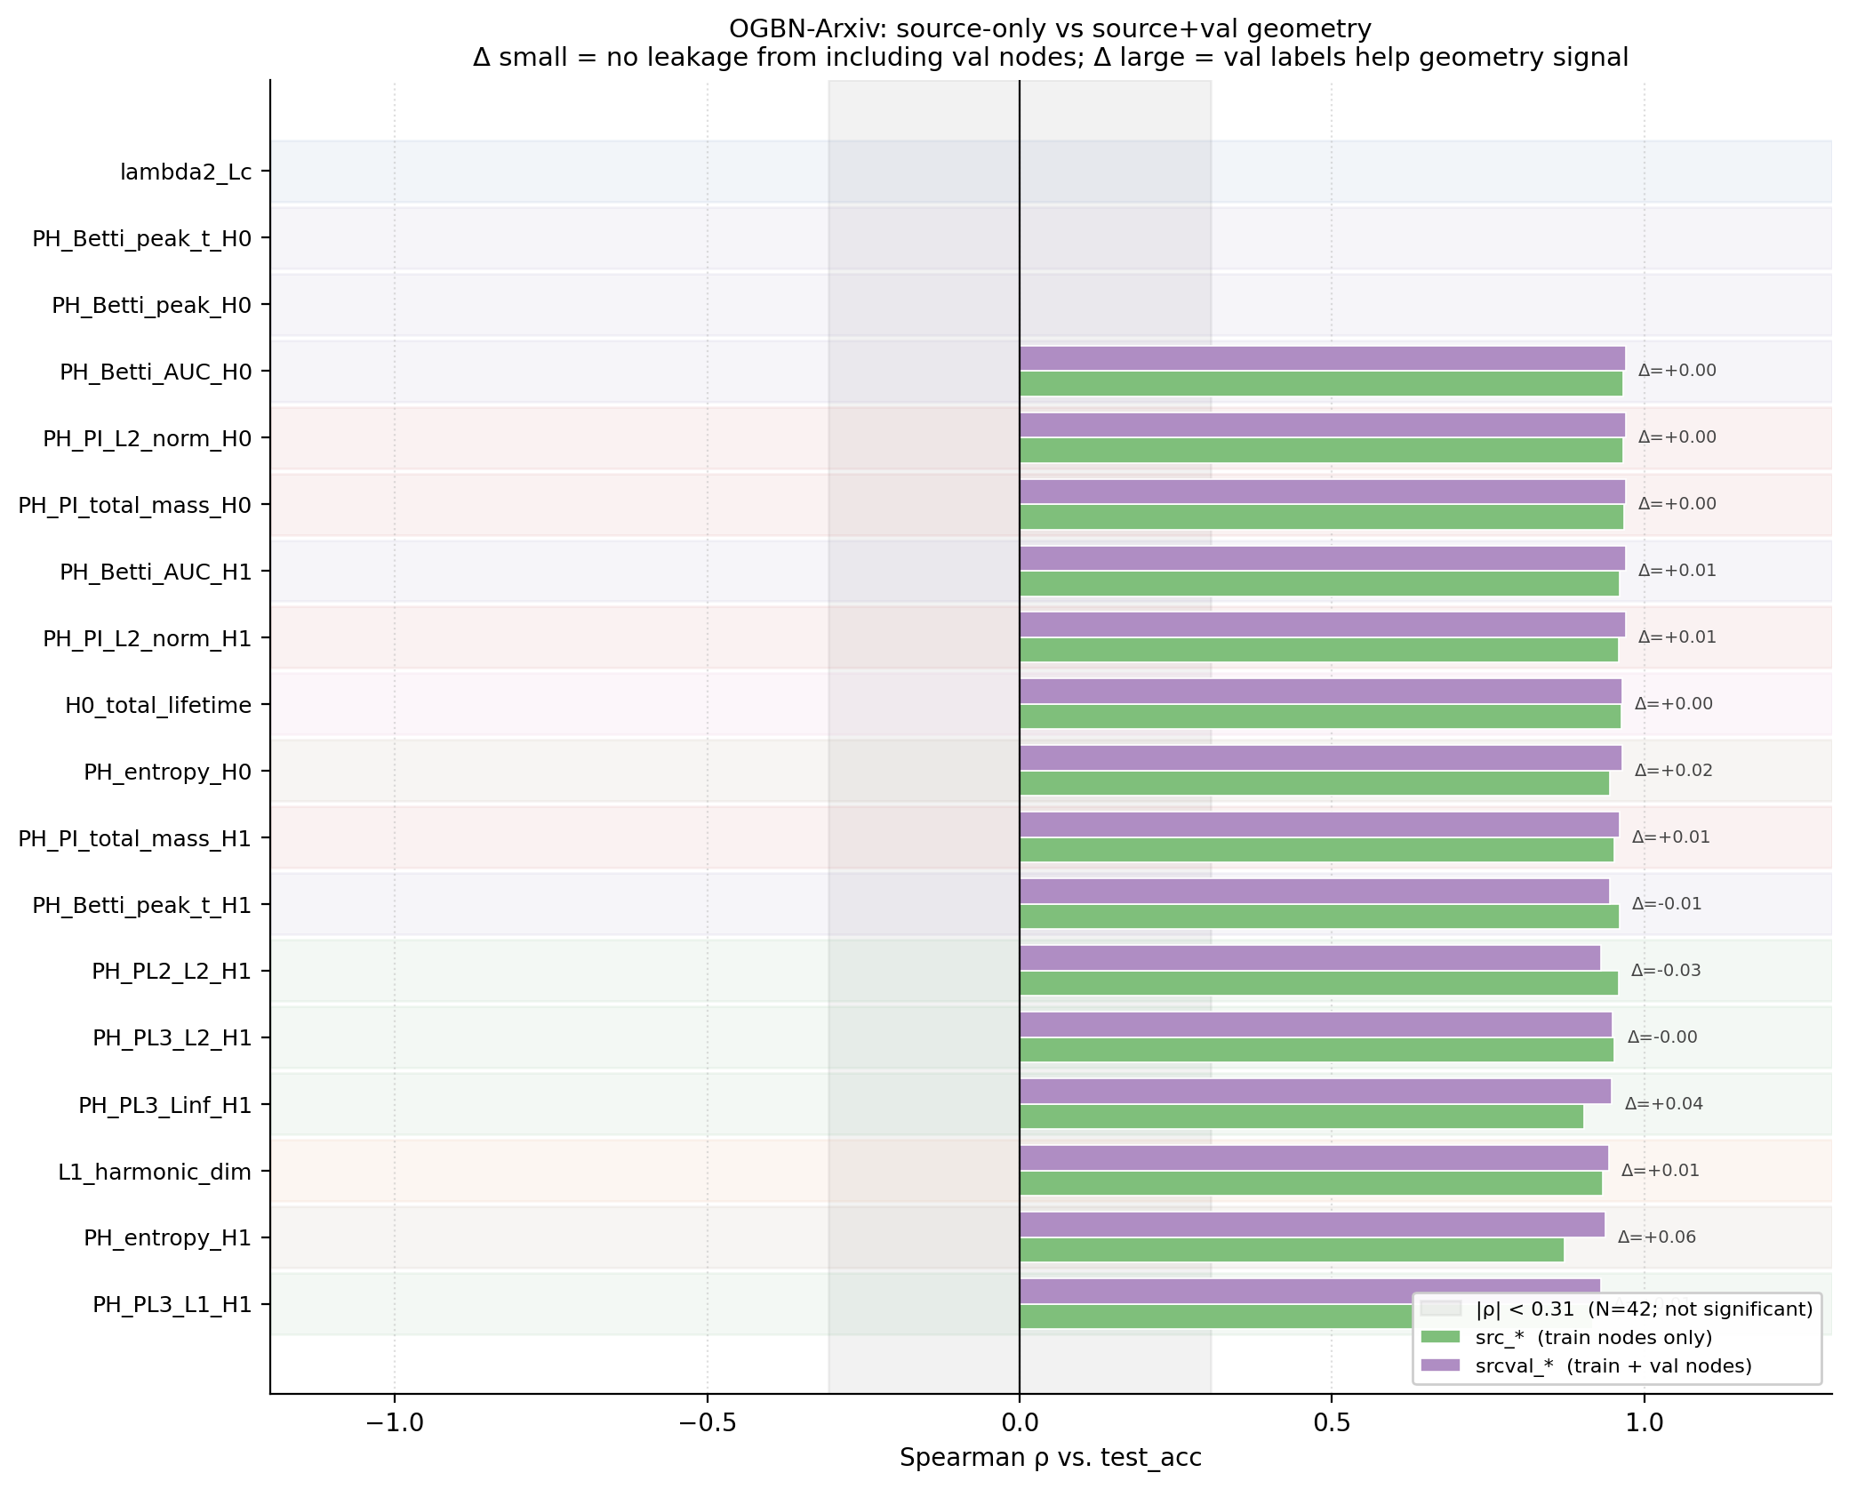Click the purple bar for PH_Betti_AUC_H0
click(x=1322, y=358)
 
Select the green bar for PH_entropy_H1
click(x=1292, y=1250)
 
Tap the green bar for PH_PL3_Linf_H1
click(x=1301, y=1117)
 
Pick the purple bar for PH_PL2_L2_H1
click(x=1309, y=958)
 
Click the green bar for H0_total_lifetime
click(x=1320, y=716)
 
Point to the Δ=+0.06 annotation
click(x=1657, y=1237)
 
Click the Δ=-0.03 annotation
click(x=1666, y=971)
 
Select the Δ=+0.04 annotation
click(x=1664, y=1104)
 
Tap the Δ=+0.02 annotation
click(x=1674, y=771)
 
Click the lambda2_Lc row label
click(x=186, y=172)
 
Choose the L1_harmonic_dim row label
click(x=155, y=1172)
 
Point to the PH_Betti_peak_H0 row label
click(x=152, y=305)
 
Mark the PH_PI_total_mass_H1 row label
click(x=135, y=838)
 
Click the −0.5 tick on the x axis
click(x=708, y=1423)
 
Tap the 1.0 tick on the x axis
click(x=1645, y=1423)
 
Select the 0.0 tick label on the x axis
click(x=1020, y=1423)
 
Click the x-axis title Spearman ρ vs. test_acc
click(x=1051, y=1458)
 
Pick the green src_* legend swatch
click(x=1440, y=1337)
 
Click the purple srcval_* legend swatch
click(x=1440, y=1365)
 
